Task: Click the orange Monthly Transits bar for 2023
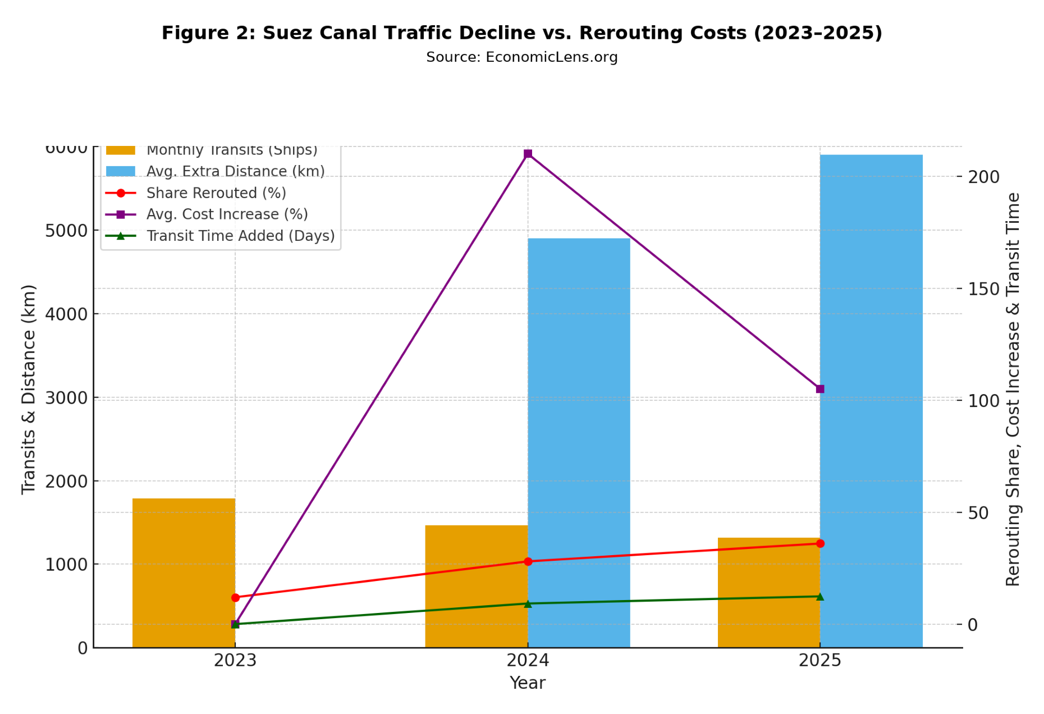(184, 573)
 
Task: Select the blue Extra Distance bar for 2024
(579, 443)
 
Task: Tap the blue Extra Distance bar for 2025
(871, 401)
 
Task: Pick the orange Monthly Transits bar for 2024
(476, 586)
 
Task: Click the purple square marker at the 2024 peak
(528, 154)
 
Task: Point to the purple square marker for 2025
(820, 389)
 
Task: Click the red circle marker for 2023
(235, 598)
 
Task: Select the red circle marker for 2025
(820, 543)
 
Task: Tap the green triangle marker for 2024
(528, 604)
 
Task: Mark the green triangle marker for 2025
(820, 597)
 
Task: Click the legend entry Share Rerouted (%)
(216, 193)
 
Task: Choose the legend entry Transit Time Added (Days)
(240, 236)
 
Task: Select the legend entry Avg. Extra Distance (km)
(235, 171)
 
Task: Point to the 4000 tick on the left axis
(66, 314)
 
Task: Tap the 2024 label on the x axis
(528, 661)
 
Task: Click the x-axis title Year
(527, 683)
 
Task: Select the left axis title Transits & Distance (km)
(29, 389)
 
